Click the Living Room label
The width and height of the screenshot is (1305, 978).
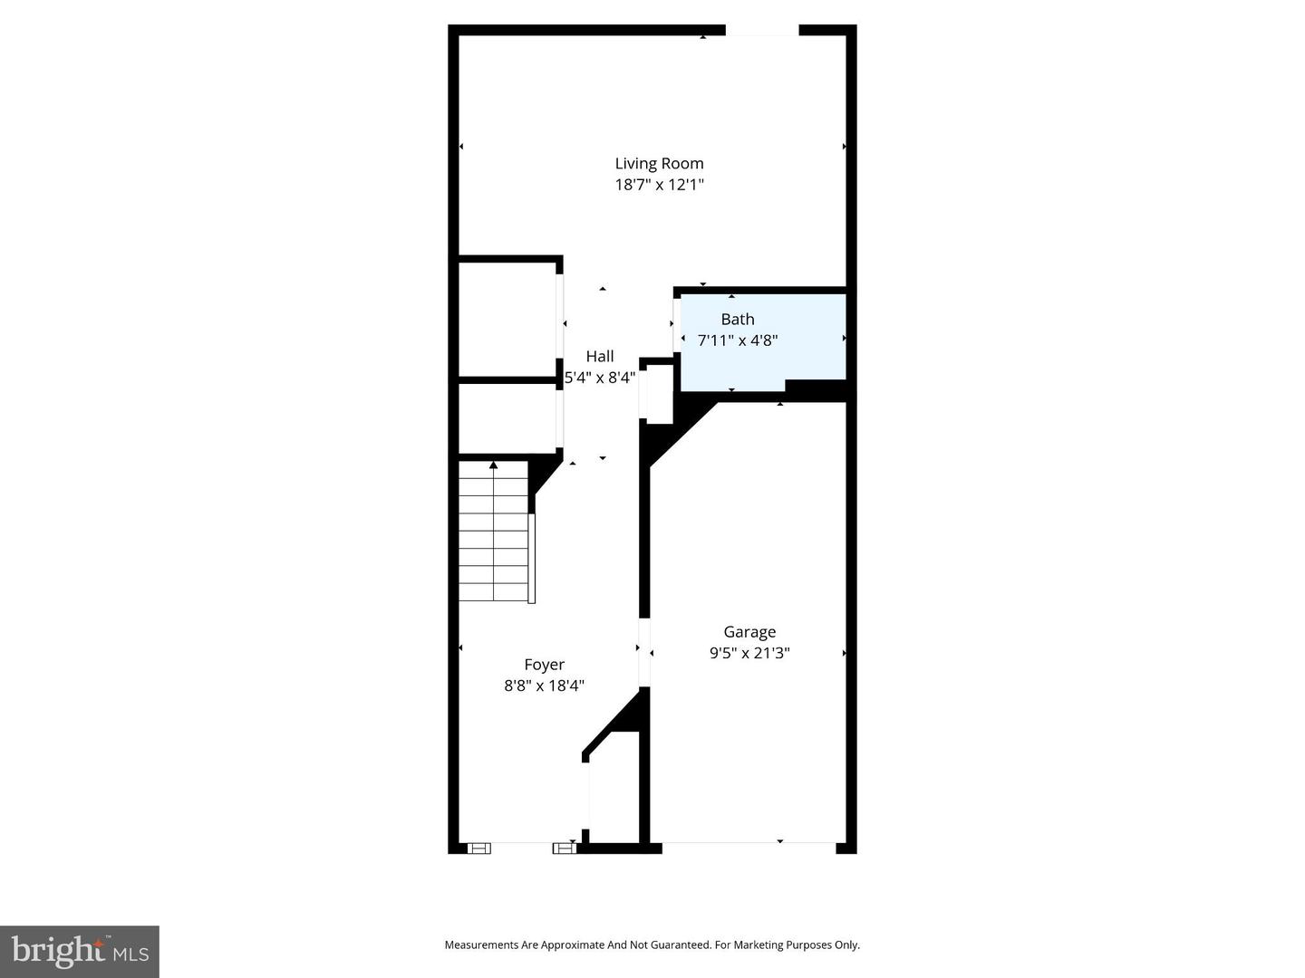659,164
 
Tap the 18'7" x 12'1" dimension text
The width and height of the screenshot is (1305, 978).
659,185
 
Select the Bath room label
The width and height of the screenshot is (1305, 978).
738,319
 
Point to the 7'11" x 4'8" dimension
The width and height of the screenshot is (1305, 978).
738,340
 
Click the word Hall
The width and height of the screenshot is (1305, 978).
600,357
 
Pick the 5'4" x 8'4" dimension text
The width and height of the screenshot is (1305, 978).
600,378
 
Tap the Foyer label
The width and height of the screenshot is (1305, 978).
544,665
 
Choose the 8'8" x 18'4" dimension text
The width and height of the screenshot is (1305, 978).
544,686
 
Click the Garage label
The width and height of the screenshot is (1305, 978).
749,632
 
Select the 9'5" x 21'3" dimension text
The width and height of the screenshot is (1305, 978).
749,653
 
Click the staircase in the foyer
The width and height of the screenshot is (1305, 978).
494,534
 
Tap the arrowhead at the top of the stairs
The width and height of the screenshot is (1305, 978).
494,465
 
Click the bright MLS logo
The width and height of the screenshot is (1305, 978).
80,952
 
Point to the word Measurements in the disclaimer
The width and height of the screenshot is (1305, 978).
480,945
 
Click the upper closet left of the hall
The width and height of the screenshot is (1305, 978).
507,319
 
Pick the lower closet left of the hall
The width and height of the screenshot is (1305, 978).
507,418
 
